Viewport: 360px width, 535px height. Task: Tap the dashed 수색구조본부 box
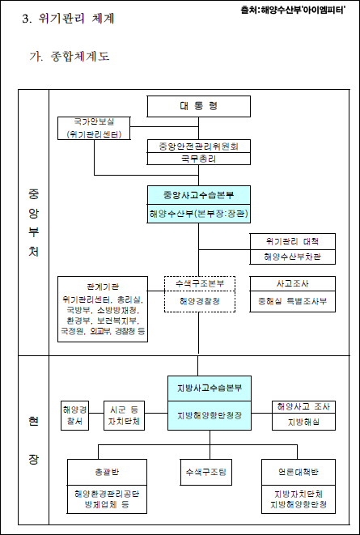pos(199,284)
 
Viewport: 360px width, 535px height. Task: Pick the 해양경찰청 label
pos(199,301)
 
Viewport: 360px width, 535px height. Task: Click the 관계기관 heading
pos(103,287)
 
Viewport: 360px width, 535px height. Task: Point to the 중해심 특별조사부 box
pos(291,301)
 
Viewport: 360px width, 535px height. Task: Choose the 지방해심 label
pos(299,422)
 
